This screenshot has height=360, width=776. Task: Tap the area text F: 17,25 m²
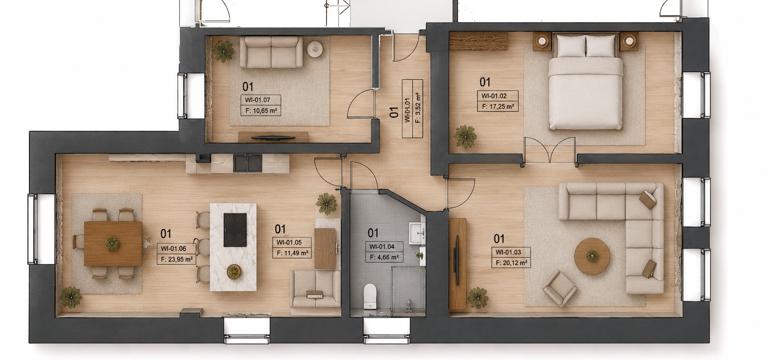pyautogui.click(x=497, y=107)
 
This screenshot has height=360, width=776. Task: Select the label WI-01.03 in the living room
pyautogui.click(x=508, y=252)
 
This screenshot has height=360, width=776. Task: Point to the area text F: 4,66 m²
pyautogui.click(x=384, y=257)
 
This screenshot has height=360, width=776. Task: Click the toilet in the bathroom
pyautogui.click(x=370, y=296)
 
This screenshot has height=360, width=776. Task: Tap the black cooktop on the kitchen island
pyautogui.click(x=235, y=230)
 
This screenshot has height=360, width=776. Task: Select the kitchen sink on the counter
pyautogui.click(x=247, y=164)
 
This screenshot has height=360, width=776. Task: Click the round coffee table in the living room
pyautogui.click(x=592, y=256)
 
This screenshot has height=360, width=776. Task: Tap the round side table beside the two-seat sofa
pyautogui.click(x=315, y=49)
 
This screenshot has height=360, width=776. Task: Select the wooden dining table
pyautogui.click(x=113, y=244)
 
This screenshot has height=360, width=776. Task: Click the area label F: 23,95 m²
pyautogui.click(x=176, y=260)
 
